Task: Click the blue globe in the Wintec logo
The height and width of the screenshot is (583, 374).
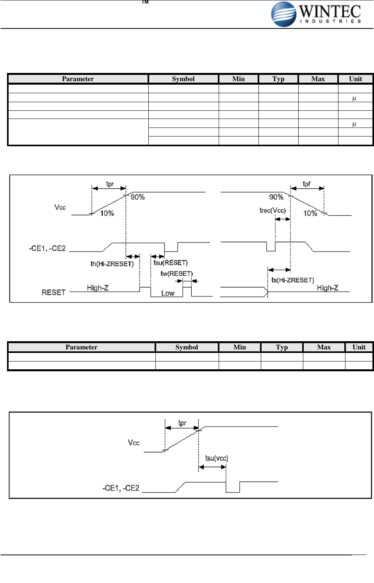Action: click(283, 14)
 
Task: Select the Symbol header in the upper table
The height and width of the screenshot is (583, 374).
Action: click(183, 79)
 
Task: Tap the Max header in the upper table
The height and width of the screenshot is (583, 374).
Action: click(318, 79)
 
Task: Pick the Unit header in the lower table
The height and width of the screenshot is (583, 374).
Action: click(359, 347)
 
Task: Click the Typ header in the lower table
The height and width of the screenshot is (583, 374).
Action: click(281, 347)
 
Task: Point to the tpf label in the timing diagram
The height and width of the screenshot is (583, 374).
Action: click(307, 184)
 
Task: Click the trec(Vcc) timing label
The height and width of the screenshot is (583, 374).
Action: click(272, 211)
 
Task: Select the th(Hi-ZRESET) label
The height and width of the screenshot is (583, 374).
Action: click(112, 264)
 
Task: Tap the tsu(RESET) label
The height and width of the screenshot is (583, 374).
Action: click(171, 263)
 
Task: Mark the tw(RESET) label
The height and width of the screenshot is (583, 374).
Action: click(176, 274)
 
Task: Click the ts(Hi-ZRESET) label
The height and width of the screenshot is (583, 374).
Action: click(292, 280)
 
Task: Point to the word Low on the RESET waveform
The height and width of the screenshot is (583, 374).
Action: click(168, 293)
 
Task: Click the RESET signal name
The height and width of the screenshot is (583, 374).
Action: click(53, 292)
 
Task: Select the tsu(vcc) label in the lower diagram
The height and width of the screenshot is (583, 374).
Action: click(217, 458)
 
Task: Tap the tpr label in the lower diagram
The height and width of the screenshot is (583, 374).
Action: click(182, 423)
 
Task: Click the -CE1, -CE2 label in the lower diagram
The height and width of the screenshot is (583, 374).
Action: click(121, 488)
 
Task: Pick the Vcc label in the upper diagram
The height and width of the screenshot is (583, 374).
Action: click(60, 207)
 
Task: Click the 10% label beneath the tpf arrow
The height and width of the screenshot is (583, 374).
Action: click(310, 213)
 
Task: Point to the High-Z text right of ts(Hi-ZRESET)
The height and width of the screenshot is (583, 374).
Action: click(327, 288)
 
